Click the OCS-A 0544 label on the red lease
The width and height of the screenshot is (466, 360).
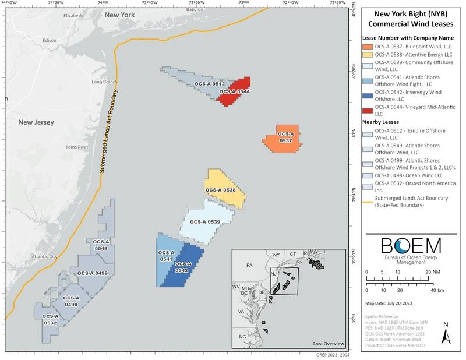pyautogui.click(x=234, y=91)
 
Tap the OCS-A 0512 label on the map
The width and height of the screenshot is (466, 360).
pyautogui.click(x=210, y=84)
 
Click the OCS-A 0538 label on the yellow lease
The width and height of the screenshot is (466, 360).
pyautogui.click(x=220, y=190)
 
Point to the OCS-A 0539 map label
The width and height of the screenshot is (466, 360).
pyautogui.click(x=205, y=222)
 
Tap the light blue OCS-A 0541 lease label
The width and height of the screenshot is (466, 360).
pyautogui.click(x=166, y=256)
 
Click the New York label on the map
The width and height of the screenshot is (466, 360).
pyautogui.click(x=119, y=13)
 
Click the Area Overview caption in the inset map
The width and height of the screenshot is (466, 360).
pyautogui.click(x=328, y=343)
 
